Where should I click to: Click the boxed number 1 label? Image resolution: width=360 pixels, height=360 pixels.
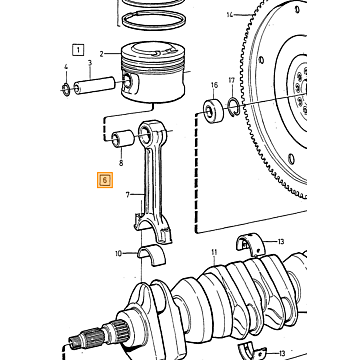78,50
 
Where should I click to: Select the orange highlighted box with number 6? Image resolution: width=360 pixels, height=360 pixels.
105,180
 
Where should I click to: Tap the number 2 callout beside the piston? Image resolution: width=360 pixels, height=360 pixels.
102,53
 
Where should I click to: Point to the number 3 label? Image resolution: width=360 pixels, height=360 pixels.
90,63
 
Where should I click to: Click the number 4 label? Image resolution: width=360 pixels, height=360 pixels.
66,67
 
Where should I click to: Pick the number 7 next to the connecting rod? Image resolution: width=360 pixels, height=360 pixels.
128,194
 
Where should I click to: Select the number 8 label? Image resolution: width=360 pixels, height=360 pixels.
121,163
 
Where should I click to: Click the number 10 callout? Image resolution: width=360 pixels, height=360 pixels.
119,254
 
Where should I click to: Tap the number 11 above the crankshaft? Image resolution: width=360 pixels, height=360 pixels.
214,252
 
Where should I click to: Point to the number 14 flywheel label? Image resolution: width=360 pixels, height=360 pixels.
230,14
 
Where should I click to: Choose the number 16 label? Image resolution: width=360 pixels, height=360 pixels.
214,85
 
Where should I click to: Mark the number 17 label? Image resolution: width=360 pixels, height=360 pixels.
232,80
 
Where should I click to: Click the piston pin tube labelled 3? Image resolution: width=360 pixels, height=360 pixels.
95,85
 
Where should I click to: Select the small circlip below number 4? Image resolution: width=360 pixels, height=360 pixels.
66,89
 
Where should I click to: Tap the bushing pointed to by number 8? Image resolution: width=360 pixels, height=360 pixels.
122,138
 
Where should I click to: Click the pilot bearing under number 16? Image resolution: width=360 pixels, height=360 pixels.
213,109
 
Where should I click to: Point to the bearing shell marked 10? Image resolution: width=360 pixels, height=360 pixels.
152,255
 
